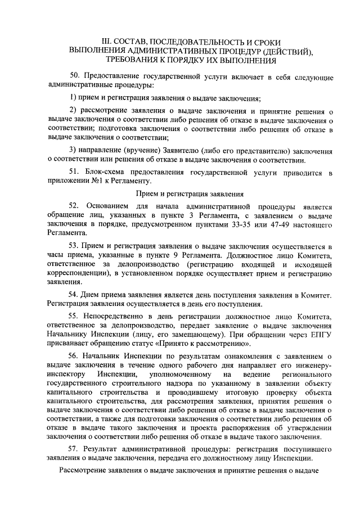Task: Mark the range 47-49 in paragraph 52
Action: pyautogui.click(x=274, y=226)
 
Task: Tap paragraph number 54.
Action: pyautogui.click(x=74, y=295)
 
